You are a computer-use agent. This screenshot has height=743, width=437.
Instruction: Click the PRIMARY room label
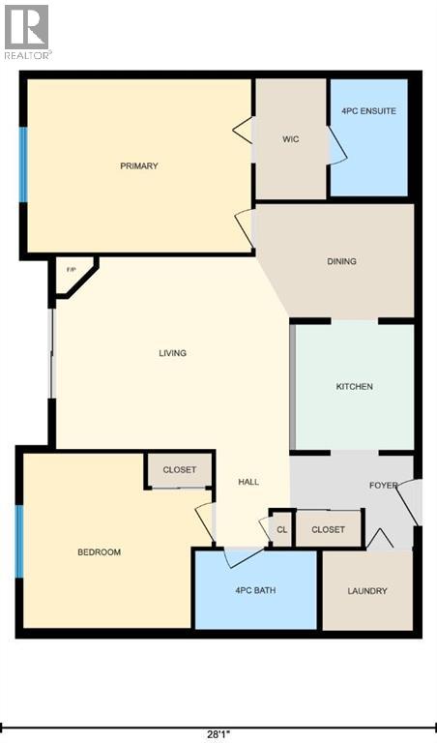[139, 166]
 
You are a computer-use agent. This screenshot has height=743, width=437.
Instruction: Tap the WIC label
[290, 139]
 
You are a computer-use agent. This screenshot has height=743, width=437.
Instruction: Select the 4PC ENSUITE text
[368, 111]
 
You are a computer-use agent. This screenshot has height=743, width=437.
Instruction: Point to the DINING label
[341, 261]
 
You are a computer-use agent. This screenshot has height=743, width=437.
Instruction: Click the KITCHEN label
[354, 387]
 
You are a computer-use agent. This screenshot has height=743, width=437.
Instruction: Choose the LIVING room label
[172, 353]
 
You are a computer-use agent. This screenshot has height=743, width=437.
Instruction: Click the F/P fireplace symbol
[71, 268]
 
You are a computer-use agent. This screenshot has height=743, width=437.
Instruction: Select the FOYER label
[383, 486]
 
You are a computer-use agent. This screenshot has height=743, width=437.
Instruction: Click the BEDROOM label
[99, 552]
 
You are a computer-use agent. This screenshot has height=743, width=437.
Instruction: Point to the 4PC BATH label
[255, 590]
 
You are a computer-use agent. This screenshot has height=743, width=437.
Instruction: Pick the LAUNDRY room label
[367, 591]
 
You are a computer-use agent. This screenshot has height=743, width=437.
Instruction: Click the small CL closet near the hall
[281, 529]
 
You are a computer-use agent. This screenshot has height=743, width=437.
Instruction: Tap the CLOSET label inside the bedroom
[179, 470]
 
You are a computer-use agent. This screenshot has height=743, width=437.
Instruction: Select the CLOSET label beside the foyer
[329, 529]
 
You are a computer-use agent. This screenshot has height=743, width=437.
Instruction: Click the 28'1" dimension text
[218, 733]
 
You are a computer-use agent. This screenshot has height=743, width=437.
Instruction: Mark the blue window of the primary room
[23, 164]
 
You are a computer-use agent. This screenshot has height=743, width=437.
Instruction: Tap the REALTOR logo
[27, 31]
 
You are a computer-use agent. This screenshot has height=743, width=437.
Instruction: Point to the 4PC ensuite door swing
[336, 148]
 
